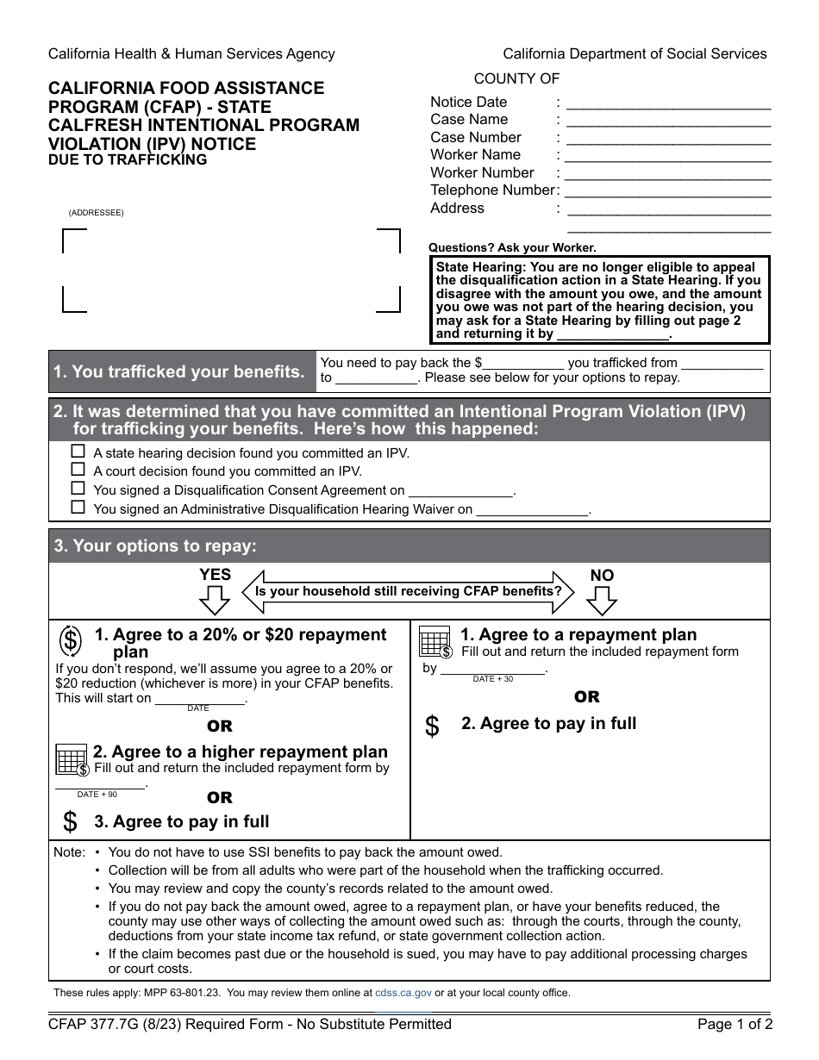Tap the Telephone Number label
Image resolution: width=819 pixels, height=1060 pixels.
(x=492, y=190)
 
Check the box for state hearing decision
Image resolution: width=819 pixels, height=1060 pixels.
(x=78, y=452)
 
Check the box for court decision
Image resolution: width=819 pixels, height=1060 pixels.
(x=78, y=470)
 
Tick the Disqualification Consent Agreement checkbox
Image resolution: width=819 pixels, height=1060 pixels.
(x=78, y=489)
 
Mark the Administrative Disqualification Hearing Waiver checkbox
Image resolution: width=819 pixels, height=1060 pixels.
(x=78, y=508)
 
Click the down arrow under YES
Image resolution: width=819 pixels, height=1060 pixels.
(x=215, y=599)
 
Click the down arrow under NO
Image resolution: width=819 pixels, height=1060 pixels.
(x=602, y=599)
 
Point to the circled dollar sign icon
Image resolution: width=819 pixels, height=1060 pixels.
(x=71, y=641)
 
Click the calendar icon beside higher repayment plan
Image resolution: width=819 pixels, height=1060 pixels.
(x=72, y=759)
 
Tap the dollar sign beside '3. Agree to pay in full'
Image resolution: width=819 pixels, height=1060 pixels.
(x=71, y=822)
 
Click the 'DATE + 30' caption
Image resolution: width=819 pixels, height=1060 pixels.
(x=492, y=679)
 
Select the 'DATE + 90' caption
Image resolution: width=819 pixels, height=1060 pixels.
(x=97, y=795)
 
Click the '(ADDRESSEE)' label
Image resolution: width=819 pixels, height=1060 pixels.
(x=96, y=213)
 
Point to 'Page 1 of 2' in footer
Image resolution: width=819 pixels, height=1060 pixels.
(x=735, y=1025)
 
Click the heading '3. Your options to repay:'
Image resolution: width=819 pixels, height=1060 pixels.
(x=155, y=546)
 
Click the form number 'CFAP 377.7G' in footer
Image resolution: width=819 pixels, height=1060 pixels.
(x=95, y=1025)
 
